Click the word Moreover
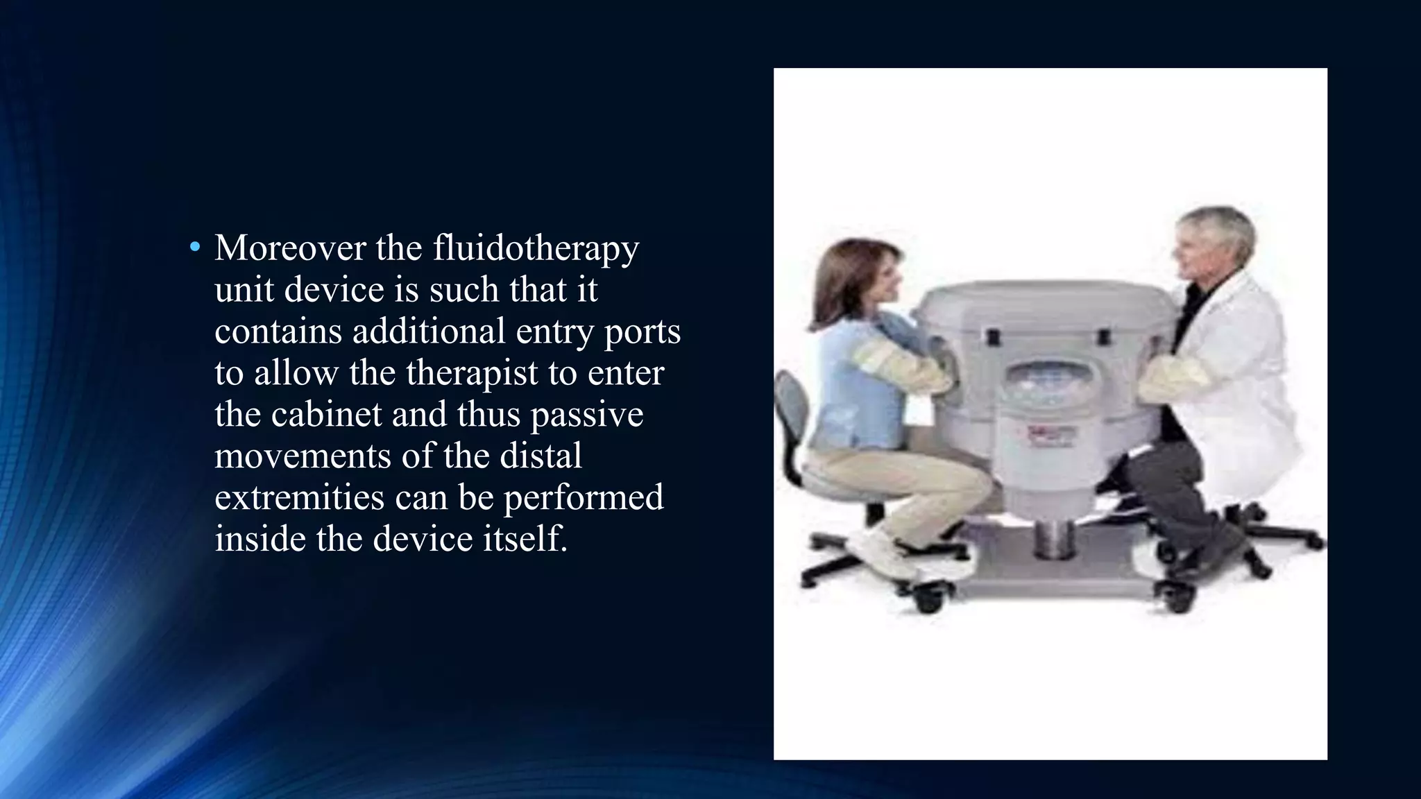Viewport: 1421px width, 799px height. tap(289, 248)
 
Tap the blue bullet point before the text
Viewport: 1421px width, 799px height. tap(195, 247)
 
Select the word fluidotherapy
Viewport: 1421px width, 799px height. tap(536, 248)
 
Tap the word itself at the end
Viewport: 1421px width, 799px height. tap(525, 539)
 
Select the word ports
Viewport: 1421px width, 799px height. tap(643, 331)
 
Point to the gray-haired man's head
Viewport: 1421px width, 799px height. tap(1214, 239)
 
